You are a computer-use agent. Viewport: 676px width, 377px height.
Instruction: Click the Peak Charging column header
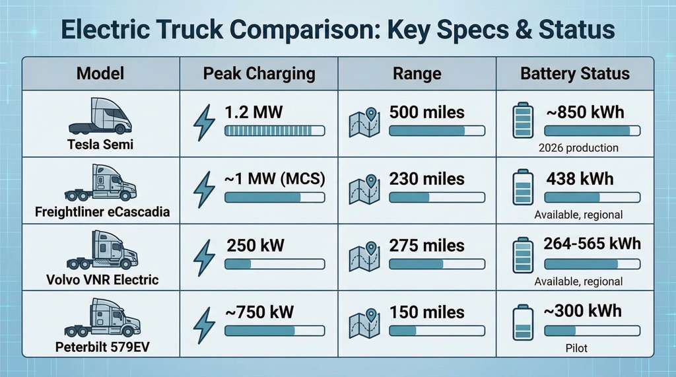click(x=258, y=73)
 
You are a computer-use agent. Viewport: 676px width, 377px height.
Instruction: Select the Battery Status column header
click(x=574, y=73)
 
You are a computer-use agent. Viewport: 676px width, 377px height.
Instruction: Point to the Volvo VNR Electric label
click(x=102, y=279)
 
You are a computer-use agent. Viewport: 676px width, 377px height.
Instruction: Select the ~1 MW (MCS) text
click(x=274, y=179)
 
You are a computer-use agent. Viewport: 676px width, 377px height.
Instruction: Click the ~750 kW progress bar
click(x=275, y=331)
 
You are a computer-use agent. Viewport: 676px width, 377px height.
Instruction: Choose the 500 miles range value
click(x=426, y=112)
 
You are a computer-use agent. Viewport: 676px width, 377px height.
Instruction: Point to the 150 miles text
click(x=426, y=312)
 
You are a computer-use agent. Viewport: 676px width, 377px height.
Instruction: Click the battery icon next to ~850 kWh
click(x=523, y=122)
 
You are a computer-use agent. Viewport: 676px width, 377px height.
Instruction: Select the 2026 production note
click(x=578, y=147)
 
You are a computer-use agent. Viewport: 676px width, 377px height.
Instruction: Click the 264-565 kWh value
click(x=591, y=244)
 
